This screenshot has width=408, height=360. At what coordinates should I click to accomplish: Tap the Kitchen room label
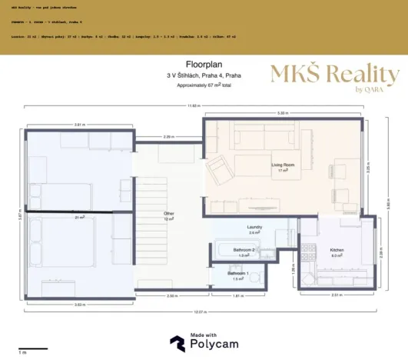pyautogui.click(x=337, y=250)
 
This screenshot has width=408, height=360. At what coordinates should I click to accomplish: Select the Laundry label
pyautogui.click(x=255, y=227)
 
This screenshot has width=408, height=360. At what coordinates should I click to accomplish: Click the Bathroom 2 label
pyautogui.click(x=244, y=250)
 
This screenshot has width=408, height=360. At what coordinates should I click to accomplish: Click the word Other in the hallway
pyautogui.click(x=169, y=213)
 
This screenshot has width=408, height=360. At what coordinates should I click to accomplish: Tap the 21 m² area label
pyautogui.click(x=79, y=218)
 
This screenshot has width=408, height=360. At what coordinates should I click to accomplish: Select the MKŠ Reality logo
pyautogui.click(x=334, y=76)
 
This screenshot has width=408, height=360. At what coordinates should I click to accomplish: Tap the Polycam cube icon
pyautogui.click(x=177, y=342)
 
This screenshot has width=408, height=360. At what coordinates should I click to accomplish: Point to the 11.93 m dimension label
pyautogui.click(x=195, y=105)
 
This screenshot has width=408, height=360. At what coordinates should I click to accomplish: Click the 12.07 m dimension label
pyautogui.click(x=200, y=312)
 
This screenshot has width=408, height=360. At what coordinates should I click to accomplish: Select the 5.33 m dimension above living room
pyautogui.click(x=282, y=114)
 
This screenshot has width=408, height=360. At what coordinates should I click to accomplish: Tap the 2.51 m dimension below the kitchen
pyautogui.click(x=336, y=295)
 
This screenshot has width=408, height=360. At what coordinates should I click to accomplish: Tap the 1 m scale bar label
pyautogui.click(x=23, y=352)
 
